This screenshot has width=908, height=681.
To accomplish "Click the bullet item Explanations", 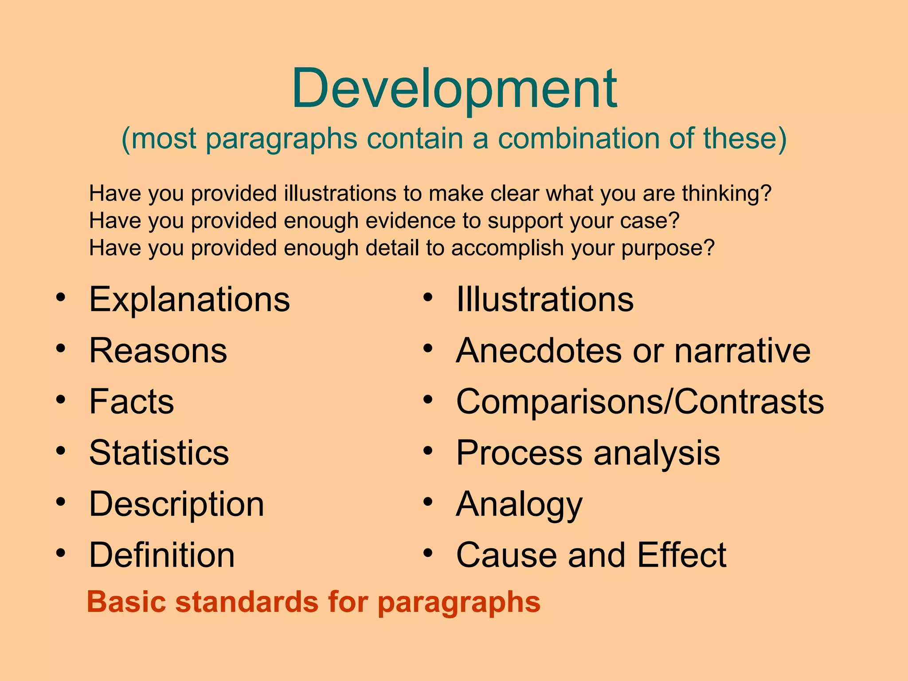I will coord(189,300).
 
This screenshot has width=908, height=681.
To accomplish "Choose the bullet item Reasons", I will coord(158,351).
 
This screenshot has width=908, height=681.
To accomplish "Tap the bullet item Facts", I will coord(132,402).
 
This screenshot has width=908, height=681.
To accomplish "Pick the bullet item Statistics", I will coord(159,453).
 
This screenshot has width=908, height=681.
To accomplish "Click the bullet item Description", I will coord(176,505).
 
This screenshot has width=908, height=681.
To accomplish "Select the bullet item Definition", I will coord(162,555).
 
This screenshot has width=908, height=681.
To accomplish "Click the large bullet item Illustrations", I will coord(545,300).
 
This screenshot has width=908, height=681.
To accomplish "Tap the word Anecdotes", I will coord(539,351).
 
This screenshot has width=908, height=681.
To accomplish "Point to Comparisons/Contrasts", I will coord(640,402).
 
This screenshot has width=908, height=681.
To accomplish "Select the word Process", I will coord(519,453).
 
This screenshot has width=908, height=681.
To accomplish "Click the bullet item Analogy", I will coord(519,505).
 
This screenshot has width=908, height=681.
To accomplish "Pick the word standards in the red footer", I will coord(247,603).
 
